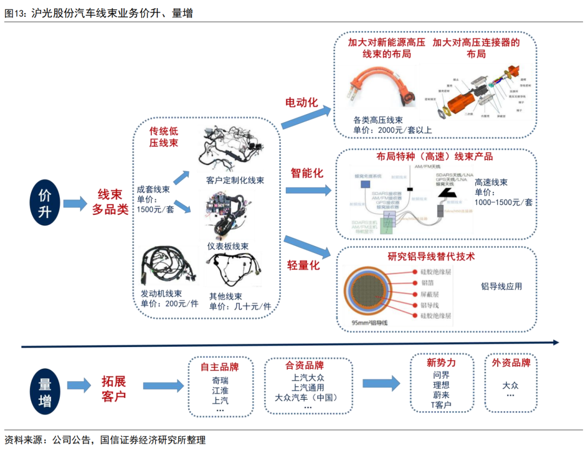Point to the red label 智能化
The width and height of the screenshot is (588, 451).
307,173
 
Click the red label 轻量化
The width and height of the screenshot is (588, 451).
303,265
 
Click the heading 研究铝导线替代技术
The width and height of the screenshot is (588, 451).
431,256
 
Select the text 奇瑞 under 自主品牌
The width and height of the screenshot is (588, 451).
220,379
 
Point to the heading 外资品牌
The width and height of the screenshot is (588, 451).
511,363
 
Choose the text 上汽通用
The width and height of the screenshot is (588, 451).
308,388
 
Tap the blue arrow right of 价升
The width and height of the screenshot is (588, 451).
75,204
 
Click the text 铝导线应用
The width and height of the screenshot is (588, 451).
501,286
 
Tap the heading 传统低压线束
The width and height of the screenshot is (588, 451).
163,137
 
